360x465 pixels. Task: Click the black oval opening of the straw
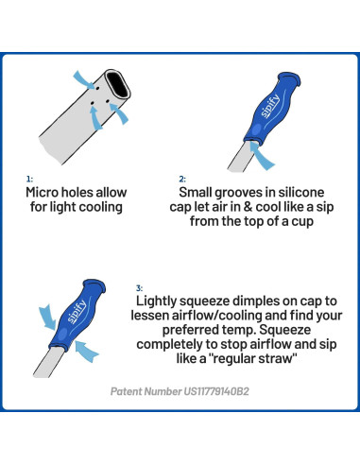(118, 85)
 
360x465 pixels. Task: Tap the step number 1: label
(29, 179)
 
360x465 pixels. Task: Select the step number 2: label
(182, 179)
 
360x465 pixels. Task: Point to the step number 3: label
(139, 288)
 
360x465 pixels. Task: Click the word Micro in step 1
(42, 192)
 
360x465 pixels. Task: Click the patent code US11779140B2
(216, 391)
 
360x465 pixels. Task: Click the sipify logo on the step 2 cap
(271, 106)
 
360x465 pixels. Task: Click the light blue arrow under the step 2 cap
(262, 156)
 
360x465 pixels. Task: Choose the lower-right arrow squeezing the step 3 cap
(87, 351)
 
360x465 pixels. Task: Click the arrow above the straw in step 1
(84, 79)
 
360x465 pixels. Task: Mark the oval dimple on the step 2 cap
(257, 129)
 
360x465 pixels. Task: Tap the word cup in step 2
(302, 221)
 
